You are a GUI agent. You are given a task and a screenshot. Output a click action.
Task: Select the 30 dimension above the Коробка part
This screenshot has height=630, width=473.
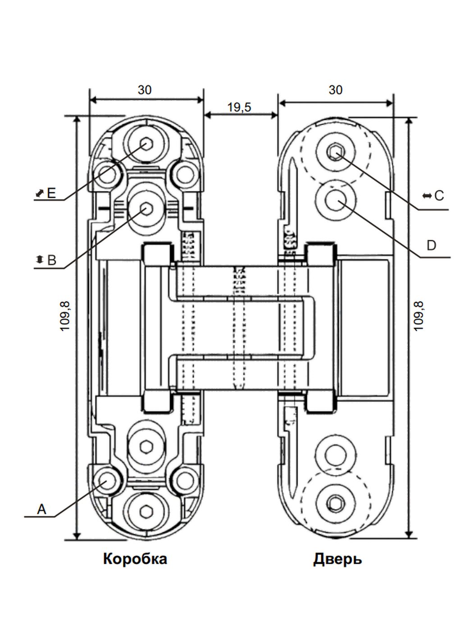pyautogui.click(x=145, y=90)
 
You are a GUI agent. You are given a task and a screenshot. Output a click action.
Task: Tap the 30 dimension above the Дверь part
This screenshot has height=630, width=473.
pyautogui.click(x=336, y=90)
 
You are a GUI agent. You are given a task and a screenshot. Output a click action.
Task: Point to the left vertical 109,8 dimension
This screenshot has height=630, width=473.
pyautogui.click(x=66, y=316)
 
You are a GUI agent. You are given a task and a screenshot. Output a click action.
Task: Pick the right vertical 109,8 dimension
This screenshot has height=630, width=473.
pyautogui.click(x=419, y=316)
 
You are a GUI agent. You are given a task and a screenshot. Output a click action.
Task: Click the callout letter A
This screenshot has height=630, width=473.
pyautogui.click(x=41, y=509)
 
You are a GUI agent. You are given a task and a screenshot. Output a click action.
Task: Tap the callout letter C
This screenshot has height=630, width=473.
pyautogui.click(x=439, y=196)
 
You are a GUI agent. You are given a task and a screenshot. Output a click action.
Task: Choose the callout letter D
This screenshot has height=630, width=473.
pyautogui.click(x=431, y=246)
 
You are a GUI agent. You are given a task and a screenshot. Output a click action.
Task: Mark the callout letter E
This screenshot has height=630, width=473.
pyautogui.click(x=51, y=193)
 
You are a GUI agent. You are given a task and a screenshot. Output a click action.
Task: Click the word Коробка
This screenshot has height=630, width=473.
pyautogui.click(x=135, y=559)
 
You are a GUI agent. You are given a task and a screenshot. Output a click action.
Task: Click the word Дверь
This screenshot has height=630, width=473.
pyautogui.click(x=337, y=559)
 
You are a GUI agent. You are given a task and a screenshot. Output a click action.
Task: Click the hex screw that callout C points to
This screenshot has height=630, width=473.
pyautogui.click(x=335, y=152)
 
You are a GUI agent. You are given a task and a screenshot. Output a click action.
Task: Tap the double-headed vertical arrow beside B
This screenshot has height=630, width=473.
pyautogui.click(x=40, y=260)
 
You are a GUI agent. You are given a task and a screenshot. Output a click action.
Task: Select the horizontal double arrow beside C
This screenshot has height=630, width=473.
pyautogui.click(x=426, y=196)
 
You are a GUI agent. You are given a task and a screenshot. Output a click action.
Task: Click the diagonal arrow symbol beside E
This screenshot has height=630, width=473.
pyautogui.click(x=40, y=193)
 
